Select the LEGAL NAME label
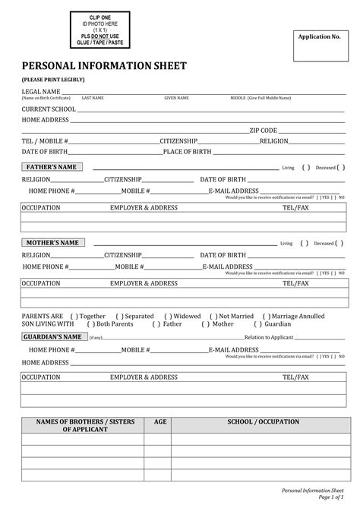[40, 91]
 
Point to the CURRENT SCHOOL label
[49, 109]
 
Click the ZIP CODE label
[264, 131]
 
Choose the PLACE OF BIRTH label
[187, 152]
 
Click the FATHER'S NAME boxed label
[52, 167]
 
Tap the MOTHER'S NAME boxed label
[53, 243]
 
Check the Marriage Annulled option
[266, 316]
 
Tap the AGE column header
[160, 421]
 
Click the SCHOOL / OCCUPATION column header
[257, 421]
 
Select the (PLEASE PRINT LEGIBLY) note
[53, 80]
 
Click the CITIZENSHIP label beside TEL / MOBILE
[178, 141]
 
